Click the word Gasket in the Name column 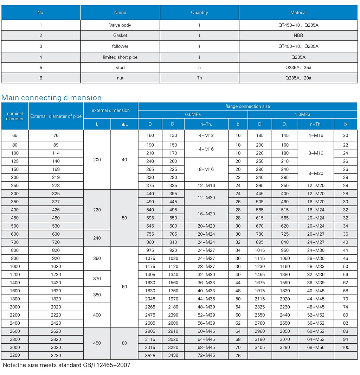[120, 35]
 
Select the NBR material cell [298, 35]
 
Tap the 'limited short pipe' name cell [120, 57]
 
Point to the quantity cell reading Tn [199, 78]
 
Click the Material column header [298, 12]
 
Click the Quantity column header [199, 12]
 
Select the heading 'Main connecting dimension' [51, 98]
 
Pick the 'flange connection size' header [247, 106]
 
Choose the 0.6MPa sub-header [193, 114]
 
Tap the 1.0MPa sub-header [302, 114]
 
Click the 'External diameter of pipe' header [56, 116]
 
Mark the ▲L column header [124, 124]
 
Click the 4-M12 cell [206, 135]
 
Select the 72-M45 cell [206, 355]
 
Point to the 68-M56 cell [316, 347]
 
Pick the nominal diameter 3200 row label [15, 355]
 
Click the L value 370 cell [97, 279]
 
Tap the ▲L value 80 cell [124, 343]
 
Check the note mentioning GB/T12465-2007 [66, 365]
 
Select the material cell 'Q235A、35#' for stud [298, 68]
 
